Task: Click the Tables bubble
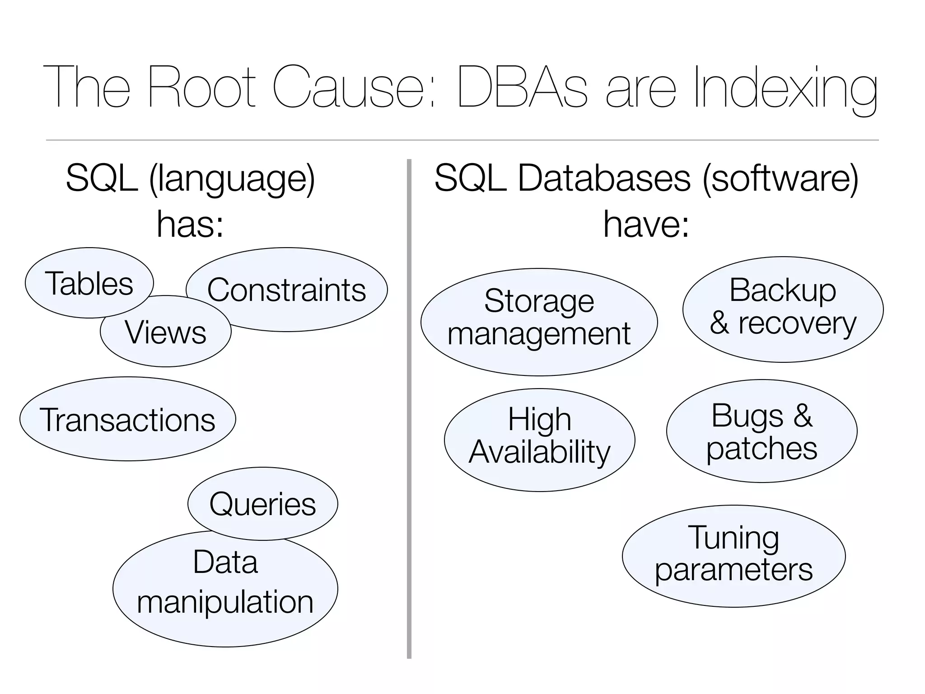pyautogui.click(x=89, y=283)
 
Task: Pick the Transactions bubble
pyautogui.click(x=127, y=419)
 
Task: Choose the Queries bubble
pyautogui.click(x=263, y=503)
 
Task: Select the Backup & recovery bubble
pyautogui.click(x=783, y=309)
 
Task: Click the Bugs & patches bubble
pyautogui.click(x=761, y=431)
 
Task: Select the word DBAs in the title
pyautogui.click(x=522, y=87)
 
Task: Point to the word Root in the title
pyautogui.click(x=202, y=87)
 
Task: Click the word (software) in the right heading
pyautogui.click(x=780, y=178)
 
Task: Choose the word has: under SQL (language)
pyautogui.click(x=190, y=225)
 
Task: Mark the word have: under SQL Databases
pyautogui.click(x=646, y=225)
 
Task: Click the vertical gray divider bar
pyautogui.click(x=409, y=407)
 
